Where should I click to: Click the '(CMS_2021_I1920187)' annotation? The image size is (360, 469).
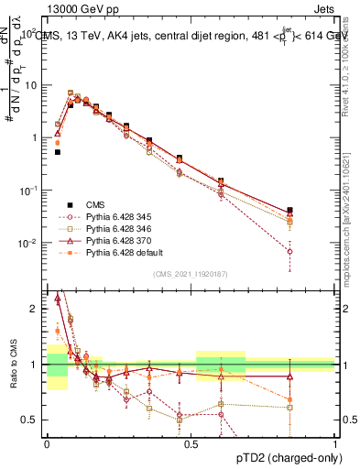(x=190, y=273)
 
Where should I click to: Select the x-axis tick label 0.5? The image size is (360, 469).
(x=191, y=442)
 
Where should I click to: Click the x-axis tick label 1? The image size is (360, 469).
(x=335, y=442)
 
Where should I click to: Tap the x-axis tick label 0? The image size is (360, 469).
(x=47, y=442)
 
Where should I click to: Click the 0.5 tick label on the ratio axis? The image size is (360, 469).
(x=32, y=420)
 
